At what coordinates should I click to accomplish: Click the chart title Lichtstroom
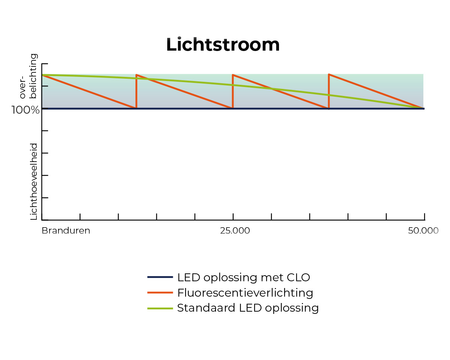tap(223, 45)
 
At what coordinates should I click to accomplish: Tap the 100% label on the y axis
tap(25, 110)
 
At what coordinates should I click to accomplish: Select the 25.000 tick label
tap(235, 231)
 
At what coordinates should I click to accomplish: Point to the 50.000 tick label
tap(423, 231)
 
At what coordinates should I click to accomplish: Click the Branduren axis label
tap(66, 231)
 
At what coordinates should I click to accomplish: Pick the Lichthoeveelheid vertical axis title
tap(34, 181)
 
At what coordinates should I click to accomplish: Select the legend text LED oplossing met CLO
tap(244, 277)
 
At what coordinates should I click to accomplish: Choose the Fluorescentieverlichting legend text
tap(245, 292)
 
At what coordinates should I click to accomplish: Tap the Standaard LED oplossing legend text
tap(248, 308)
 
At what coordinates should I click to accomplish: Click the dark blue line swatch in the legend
tap(160, 277)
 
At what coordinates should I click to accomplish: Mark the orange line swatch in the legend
tap(160, 292)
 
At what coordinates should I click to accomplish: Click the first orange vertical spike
tap(136, 91)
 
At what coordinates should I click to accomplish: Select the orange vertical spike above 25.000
tap(233, 91)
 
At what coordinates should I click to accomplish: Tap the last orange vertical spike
tap(329, 91)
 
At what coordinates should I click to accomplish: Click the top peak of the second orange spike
tap(233, 75)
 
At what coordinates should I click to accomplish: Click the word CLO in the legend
tap(298, 277)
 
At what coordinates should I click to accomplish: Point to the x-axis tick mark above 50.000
tap(424, 216)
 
